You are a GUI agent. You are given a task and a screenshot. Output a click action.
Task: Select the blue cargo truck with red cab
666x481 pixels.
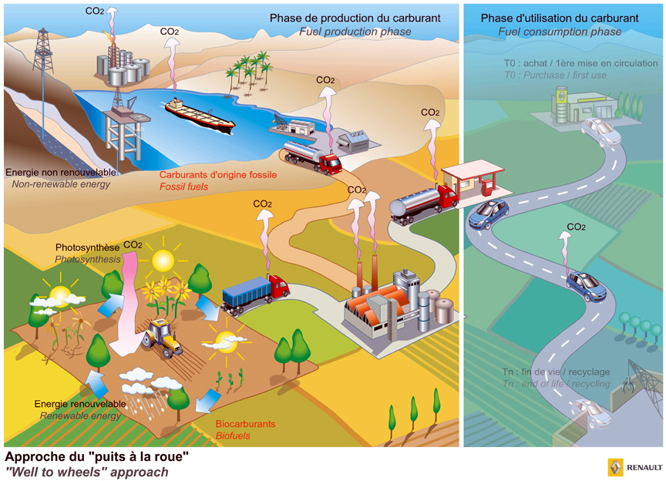tap(254, 294)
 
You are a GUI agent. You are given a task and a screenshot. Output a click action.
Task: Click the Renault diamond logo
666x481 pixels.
tap(614, 467)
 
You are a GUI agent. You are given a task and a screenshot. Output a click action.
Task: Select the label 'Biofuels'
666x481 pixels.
tap(233, 436)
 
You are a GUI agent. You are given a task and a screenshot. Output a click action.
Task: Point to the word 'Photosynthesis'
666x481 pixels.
tap(88, 260)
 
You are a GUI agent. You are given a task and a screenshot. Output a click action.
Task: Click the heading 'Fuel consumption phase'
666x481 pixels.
tap(559, 32)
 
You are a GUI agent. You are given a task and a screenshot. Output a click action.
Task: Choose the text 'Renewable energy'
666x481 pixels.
tap(77, 416)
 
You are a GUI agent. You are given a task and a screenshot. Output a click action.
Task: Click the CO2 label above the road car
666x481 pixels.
tap(576, 227)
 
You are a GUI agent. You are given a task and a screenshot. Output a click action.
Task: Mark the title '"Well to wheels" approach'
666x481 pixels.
tap(86, 472)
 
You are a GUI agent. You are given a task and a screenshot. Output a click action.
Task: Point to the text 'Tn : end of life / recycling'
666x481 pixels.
tap(556, 384)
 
